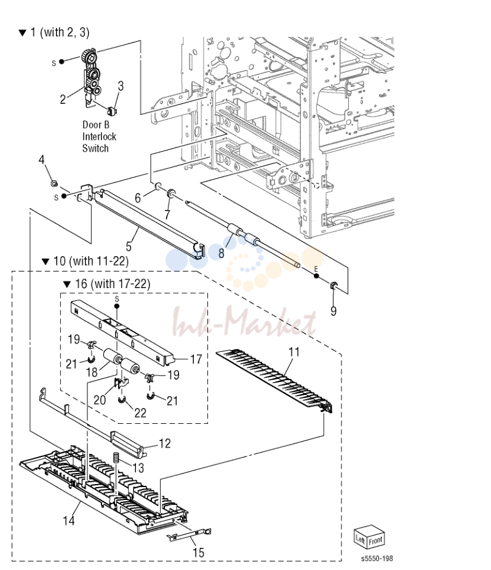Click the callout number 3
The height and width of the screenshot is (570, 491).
[121, 86]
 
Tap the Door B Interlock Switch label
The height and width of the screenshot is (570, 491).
[98, 136]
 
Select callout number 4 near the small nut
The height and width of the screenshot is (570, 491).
[41, 160]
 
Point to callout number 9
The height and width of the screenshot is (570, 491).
[333, 311]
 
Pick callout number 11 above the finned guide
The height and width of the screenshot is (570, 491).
[293, 352]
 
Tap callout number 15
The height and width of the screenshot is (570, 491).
[198, 553]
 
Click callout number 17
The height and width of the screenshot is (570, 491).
[196, 359]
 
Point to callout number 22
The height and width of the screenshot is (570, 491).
[140, 413]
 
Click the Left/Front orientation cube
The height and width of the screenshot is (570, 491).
[369, 537]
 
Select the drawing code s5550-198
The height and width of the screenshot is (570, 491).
[377, 558]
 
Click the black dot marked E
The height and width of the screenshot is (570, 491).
[316, 276]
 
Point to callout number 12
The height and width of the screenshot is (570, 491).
[165, 443]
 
